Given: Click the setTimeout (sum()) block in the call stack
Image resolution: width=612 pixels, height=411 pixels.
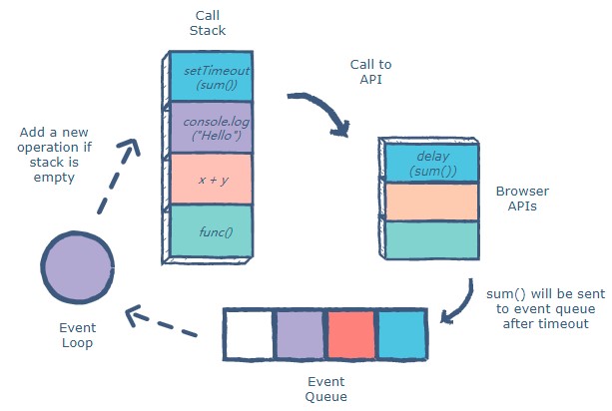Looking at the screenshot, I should pyautogui.click(x=211, y=77).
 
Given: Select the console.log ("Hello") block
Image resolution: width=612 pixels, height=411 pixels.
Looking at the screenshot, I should pyautogui.click(x=211, y=128).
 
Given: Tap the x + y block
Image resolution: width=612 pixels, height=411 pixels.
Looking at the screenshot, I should pyautogui.click(x=211, y=179).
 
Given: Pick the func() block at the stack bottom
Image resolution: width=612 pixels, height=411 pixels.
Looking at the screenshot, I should pyautogui.click(x=211, y=231).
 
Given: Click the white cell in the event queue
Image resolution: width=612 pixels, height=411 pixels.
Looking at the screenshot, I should pyautogui.click(x=249, y=334).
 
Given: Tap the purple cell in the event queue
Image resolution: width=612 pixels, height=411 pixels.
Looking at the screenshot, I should pyautogui.click(x=301, y=334).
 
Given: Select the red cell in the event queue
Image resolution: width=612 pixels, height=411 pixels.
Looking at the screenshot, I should pyautogui.click(x=351, y=334).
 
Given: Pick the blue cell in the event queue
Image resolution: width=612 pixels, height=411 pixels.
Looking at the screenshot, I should pyautogui.click(x=401, y=334).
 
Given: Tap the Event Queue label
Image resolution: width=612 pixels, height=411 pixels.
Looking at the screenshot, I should pyautogui.click(x=325, y=390).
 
